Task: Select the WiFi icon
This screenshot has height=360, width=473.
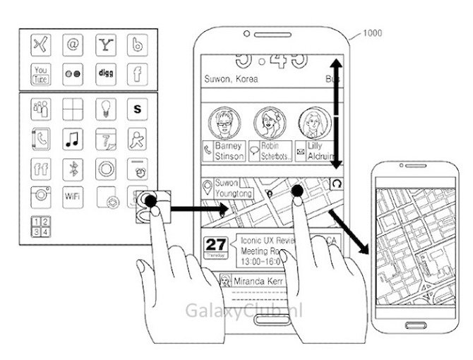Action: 73,196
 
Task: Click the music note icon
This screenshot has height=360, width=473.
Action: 73,138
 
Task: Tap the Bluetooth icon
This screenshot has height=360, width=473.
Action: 73,168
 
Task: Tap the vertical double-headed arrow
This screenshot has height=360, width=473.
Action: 336,114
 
